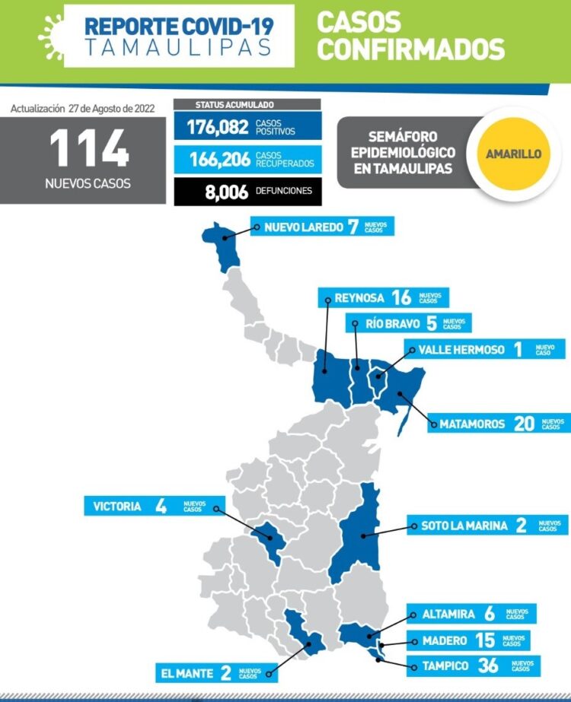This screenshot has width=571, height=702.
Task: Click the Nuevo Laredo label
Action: pos(298,227)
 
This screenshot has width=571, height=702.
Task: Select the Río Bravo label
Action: pos(393,323)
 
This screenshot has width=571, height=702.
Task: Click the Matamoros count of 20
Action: pos(524,423)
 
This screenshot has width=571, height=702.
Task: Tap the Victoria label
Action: pos(116,506)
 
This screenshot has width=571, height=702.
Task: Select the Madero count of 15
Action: pos(484,640)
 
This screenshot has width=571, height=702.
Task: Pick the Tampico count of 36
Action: pos(488,666)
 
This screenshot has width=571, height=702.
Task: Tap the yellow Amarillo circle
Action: pos(513,153)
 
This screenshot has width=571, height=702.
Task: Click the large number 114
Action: pos(89,148)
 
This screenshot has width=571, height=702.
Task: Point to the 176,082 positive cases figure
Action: pos(216,127)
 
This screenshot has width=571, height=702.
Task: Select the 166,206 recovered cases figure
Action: pos(216,159)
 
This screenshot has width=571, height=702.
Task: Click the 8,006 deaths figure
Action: pos(226,192)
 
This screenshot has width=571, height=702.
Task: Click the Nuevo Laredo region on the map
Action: pos(225,243)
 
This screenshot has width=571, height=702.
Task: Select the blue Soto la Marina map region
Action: pos(358,532)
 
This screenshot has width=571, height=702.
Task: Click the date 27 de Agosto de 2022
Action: pos(111,109)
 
